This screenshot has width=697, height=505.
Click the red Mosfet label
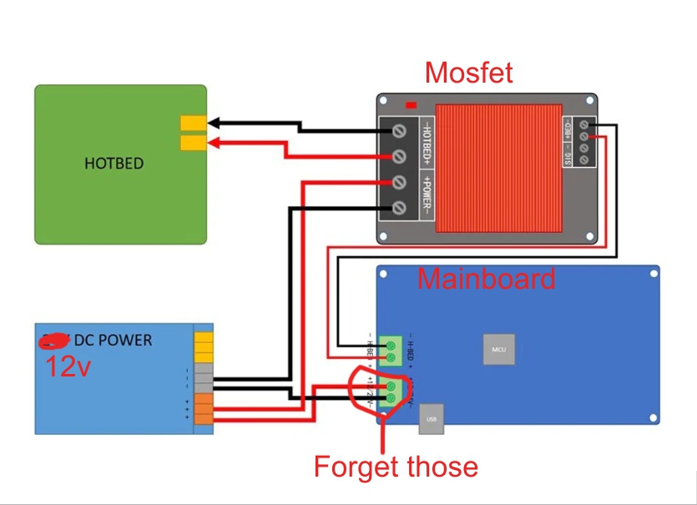(x=469, y=73)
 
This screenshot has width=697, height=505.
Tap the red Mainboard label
(x=487, y=278)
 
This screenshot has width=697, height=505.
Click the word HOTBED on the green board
(x=114, y=163)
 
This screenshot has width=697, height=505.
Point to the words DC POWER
(x=114, y=340)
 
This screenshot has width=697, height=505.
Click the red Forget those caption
(x=396, y=466)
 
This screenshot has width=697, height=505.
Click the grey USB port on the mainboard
(x=431, y=419)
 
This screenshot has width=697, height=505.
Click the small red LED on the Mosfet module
(x=410, y=105)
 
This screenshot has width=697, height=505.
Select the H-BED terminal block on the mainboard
(x=390, y=351)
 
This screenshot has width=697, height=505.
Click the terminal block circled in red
(x=390, y=393)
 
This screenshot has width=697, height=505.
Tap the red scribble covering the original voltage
(x=54, y=341)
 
